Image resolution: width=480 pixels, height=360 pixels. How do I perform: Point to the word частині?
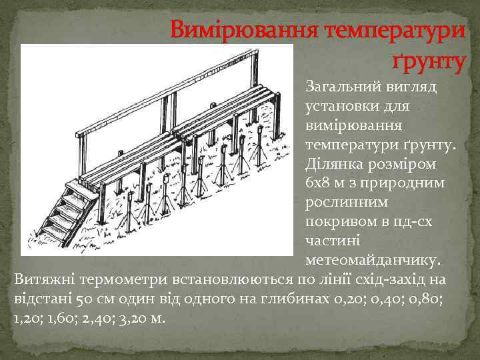(x=331, y=239)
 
